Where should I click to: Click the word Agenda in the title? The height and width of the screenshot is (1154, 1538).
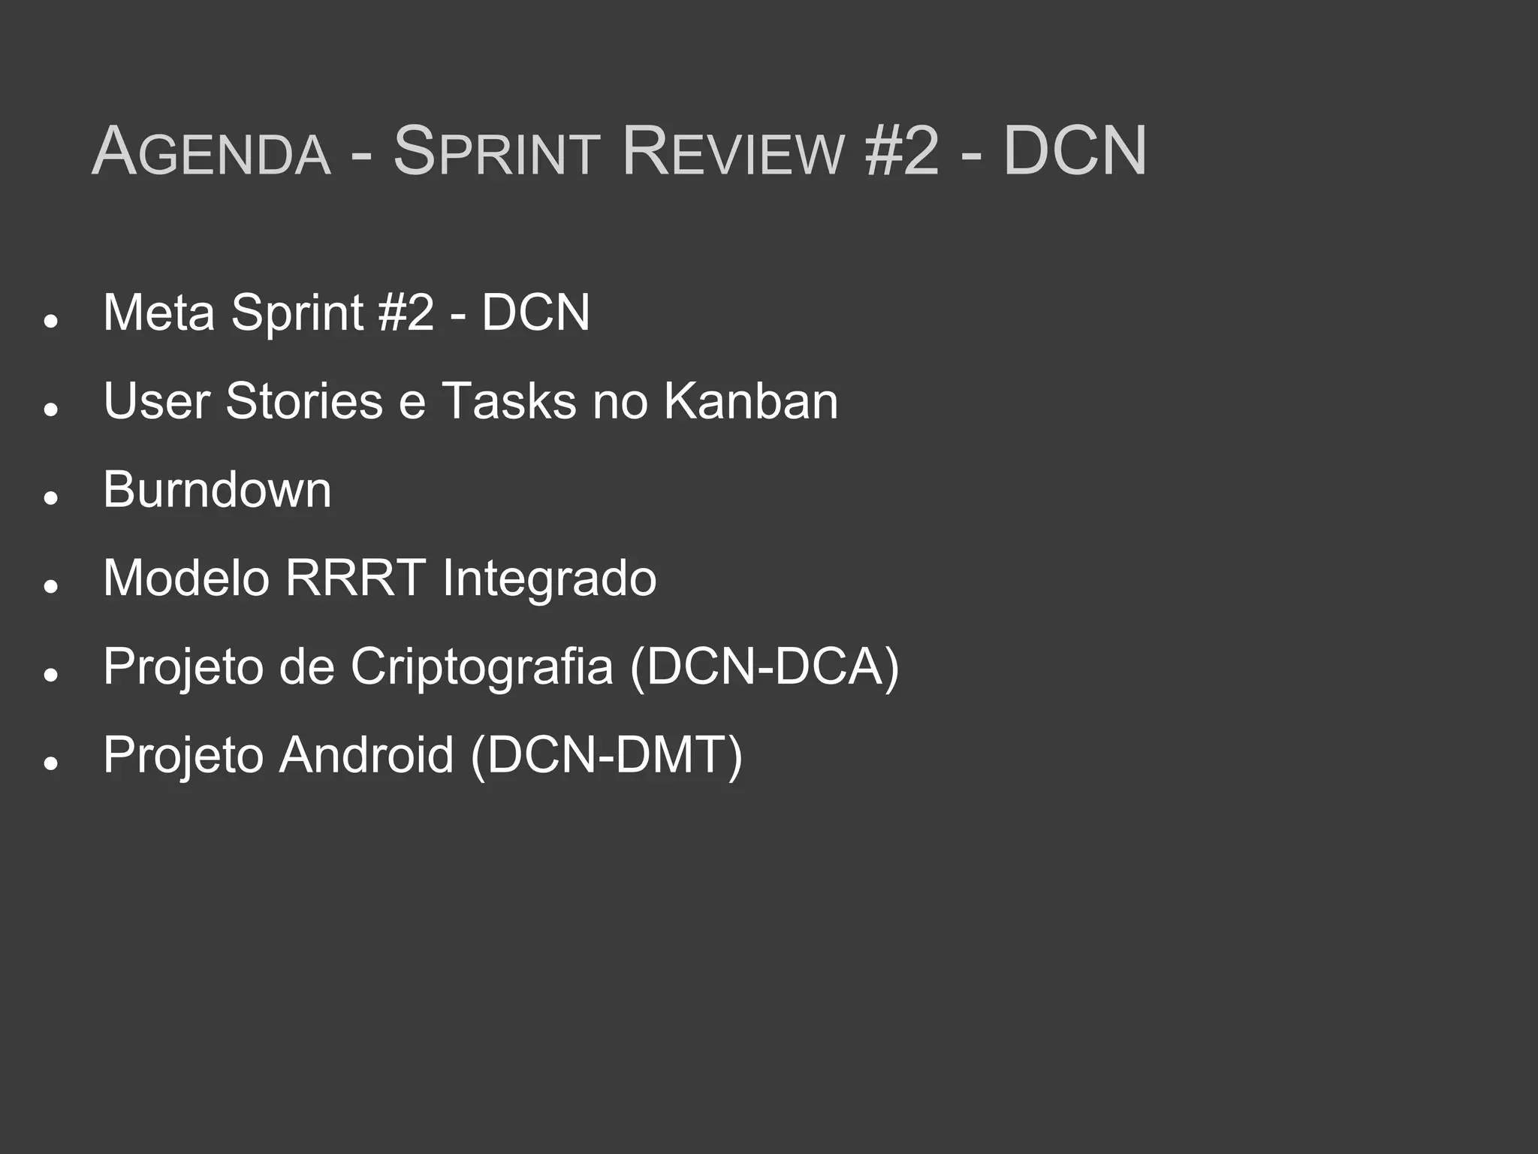point(211,152)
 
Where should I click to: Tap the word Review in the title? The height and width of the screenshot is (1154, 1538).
point(734,152)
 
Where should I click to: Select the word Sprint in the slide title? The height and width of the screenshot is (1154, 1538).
point(496,152)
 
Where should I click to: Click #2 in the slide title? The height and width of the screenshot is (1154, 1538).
point(901,152)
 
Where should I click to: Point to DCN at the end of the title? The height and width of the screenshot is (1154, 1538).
point(1075,152)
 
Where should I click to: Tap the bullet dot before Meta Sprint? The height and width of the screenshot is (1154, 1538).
point(51,321)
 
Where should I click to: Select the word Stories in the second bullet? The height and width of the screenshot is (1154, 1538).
point(304,400)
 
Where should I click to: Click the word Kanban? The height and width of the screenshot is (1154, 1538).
point(750,400)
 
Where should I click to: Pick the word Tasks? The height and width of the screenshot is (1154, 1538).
point(509,400)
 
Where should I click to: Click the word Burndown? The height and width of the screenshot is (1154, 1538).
point(217,489)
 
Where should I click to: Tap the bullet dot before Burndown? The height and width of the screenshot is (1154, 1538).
point(51,498)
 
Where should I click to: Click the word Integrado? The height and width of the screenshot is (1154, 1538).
point(549,579)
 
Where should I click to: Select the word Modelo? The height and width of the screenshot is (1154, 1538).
point(186,578)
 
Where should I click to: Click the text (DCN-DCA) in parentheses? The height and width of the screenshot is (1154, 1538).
point(764,666)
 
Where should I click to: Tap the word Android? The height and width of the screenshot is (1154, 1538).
point(366,754)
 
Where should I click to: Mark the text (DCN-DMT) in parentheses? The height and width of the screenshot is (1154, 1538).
point(607,754)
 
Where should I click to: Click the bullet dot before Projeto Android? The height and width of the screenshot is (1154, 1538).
point(51,763)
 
